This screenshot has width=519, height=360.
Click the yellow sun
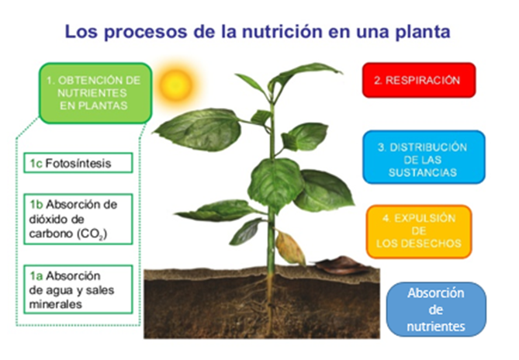[x=176, y=85]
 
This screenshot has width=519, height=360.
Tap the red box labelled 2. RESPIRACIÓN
[x=419, y=80]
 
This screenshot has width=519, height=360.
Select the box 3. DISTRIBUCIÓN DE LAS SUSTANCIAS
[x=424, y=157]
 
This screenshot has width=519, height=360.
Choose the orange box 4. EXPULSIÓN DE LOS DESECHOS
[x=419, y=231]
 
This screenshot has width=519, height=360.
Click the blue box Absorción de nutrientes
[x=436, y=310]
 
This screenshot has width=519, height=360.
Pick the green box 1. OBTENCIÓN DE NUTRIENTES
[x=95, y=93]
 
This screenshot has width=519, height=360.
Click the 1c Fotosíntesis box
[x=78, y=163]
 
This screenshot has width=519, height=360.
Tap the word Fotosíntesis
[x=78, y=163]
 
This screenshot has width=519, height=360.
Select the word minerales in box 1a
[x=55, y=304]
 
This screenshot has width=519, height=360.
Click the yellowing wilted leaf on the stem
[x=289, y=247]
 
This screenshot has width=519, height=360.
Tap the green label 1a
[x=36, y=275]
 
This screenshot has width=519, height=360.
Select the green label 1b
[x=36, y=205]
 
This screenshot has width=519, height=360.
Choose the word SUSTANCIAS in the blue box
[x=423, y=172]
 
